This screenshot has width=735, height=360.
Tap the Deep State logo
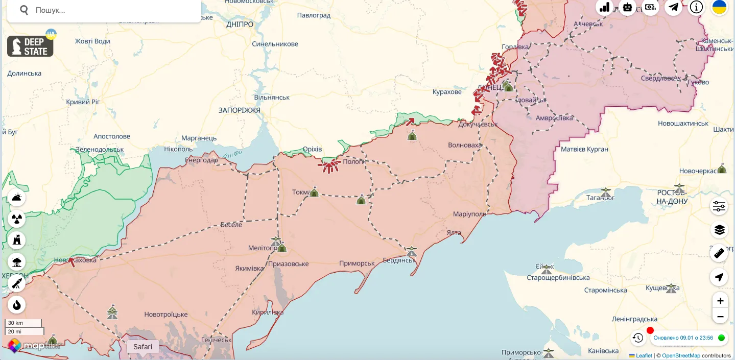click(x=30, y=46)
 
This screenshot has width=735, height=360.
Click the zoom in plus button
click(x=720, y=301)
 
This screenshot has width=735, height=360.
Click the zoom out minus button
click(x=720, y=317)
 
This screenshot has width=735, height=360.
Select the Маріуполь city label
click(x=469, y=214)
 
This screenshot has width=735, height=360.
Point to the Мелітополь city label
click(x=263, y=248)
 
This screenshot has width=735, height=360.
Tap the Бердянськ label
click(x=399, y=260)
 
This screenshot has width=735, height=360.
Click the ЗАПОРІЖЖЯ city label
click(x=239, y=110)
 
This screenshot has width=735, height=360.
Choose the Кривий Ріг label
click(x=83, y=102)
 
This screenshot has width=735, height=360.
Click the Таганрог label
click(x=600, y=198)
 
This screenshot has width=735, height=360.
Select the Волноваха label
click(x=464, y=145)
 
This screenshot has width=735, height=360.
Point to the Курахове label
click(x=447, y=92)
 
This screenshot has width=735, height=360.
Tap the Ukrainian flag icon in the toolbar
click(x=719, y=7)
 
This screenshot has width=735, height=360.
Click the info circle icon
click(x=696, y=7)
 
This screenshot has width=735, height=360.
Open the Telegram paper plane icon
click(x=673, y=7)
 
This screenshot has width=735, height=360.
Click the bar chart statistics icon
click(x=605, y=7)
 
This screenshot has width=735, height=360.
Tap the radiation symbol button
click(x=17, y=219)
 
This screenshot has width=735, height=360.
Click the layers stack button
click(x=719, y=230)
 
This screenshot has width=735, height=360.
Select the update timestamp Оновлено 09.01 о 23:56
click(x=683, y=338)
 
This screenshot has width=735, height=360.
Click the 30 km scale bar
click(x=23, y=323)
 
